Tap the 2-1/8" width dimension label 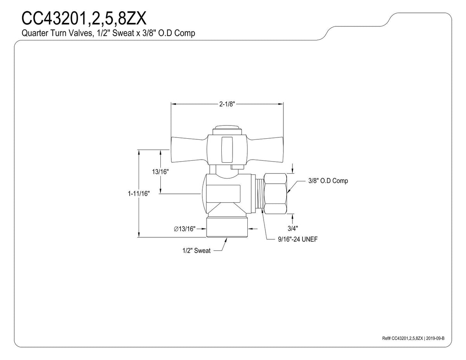coord(227,104)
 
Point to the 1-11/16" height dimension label coord(139,194)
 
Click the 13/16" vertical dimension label coord(160,172)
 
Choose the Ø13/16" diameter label coord(184,229)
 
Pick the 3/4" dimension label coord(293,229)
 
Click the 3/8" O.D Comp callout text coord(328,181)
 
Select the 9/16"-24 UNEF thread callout coord(297,239)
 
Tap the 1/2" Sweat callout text coord(196,250)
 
